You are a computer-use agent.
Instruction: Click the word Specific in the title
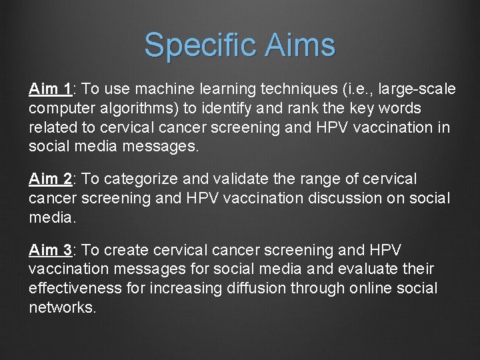point(199,45)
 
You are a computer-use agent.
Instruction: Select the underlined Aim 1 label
point(51,89)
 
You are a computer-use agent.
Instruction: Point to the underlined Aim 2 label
point(51,179)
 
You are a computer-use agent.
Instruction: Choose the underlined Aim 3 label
point(51,250)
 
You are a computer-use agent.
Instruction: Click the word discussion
point(323,199)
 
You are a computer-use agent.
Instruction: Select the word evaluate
point(373,269)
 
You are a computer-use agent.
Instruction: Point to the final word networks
point(62,308)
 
